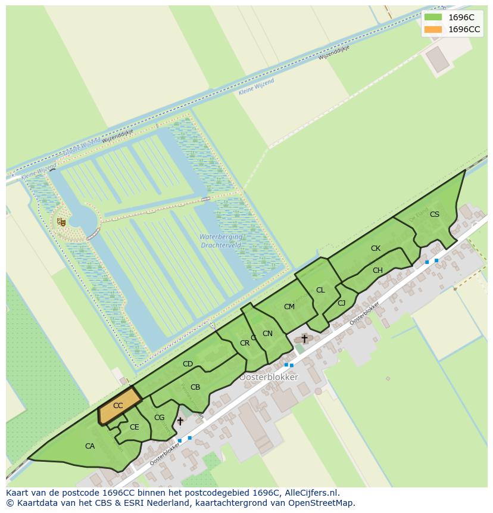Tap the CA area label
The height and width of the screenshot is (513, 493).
90,446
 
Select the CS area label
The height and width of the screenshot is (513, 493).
435,214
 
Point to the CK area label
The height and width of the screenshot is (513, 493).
376,248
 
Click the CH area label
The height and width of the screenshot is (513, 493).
377,271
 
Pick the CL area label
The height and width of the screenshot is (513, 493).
320,290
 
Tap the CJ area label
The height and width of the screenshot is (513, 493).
341,303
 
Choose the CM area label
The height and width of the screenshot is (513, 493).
289,307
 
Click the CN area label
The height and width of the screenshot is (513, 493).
267,334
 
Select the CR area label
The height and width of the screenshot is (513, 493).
245,343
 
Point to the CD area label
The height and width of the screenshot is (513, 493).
188,364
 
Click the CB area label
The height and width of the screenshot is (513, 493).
195,387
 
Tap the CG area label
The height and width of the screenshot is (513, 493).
159,418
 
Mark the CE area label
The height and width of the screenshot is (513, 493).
135,427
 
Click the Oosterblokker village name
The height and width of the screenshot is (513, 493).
269,377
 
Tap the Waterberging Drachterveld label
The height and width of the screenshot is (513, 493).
220,241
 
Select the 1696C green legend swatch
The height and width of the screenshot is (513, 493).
433,17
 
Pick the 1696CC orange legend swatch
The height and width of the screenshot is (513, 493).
433,29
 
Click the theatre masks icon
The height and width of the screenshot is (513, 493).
61,222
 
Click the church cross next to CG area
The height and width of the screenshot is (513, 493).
180,421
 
